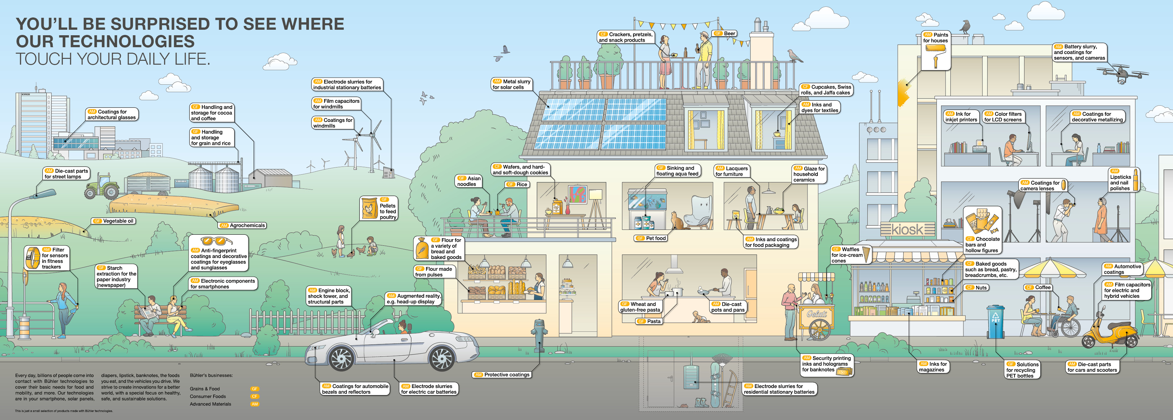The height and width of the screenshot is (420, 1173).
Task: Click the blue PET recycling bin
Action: [x=995, y=323]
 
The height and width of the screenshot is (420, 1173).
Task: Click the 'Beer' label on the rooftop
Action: [x=725, y=33]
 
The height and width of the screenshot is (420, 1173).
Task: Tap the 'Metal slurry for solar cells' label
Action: [x=512, y=84]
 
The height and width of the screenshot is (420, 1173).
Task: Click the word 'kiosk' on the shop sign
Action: [x=907, y=229]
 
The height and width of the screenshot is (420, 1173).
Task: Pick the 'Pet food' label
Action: [x=652, y=238]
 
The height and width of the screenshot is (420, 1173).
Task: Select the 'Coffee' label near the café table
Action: [x=1038, y=287]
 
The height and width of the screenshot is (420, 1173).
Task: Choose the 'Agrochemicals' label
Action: [x=243, y=225]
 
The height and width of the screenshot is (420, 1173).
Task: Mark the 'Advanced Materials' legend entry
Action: [x=210, y=404]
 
